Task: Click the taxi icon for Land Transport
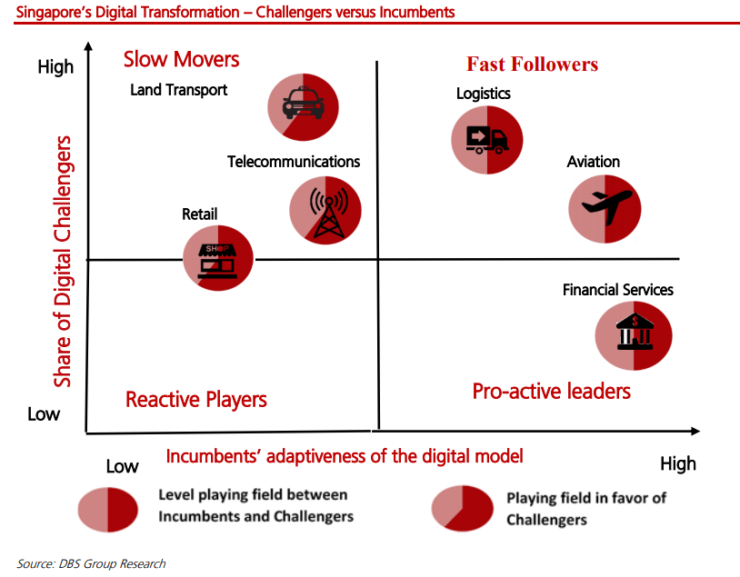pos(303,104)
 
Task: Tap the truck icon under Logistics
pos(486,140)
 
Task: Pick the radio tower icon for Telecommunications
pos(328,213)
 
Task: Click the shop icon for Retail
pos(217,261)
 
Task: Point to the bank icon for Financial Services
pos(635,333)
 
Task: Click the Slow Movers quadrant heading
pos(181,59)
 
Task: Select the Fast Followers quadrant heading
pos(532,65)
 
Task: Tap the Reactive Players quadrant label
pos(195,400)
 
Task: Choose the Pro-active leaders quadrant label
pos(551,391)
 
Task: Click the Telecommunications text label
pos(294,162)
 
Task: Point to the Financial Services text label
pos(618,289)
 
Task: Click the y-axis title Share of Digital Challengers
pos(62,262)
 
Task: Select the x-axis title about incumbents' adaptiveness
pos(345,456)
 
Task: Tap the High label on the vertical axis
pos(55,66)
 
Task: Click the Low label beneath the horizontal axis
pos(122,466)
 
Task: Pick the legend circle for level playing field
pos(107,510)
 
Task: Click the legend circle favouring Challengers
pos(462,509)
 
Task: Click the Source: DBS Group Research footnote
pos(91,563)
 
